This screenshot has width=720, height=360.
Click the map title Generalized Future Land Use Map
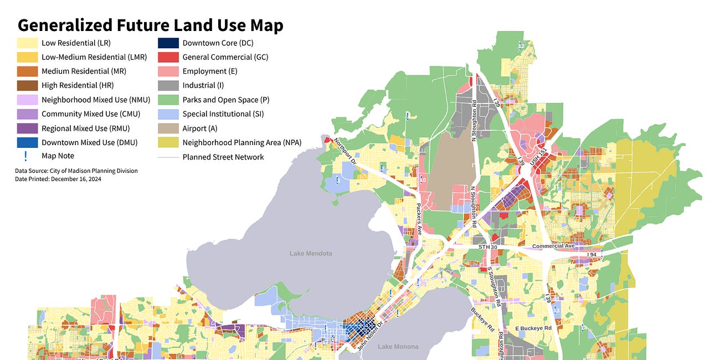point(151,25)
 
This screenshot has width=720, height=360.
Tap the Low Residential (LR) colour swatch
point(27,43)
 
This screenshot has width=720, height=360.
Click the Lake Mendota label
point(311,253)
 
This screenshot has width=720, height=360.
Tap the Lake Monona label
point(398,347)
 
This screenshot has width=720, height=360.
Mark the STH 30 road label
point(489,246)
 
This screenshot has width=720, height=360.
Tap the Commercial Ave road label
point(553,246)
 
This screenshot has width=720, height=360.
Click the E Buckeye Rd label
point(533,328)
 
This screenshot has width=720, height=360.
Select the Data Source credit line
point(76,171)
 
